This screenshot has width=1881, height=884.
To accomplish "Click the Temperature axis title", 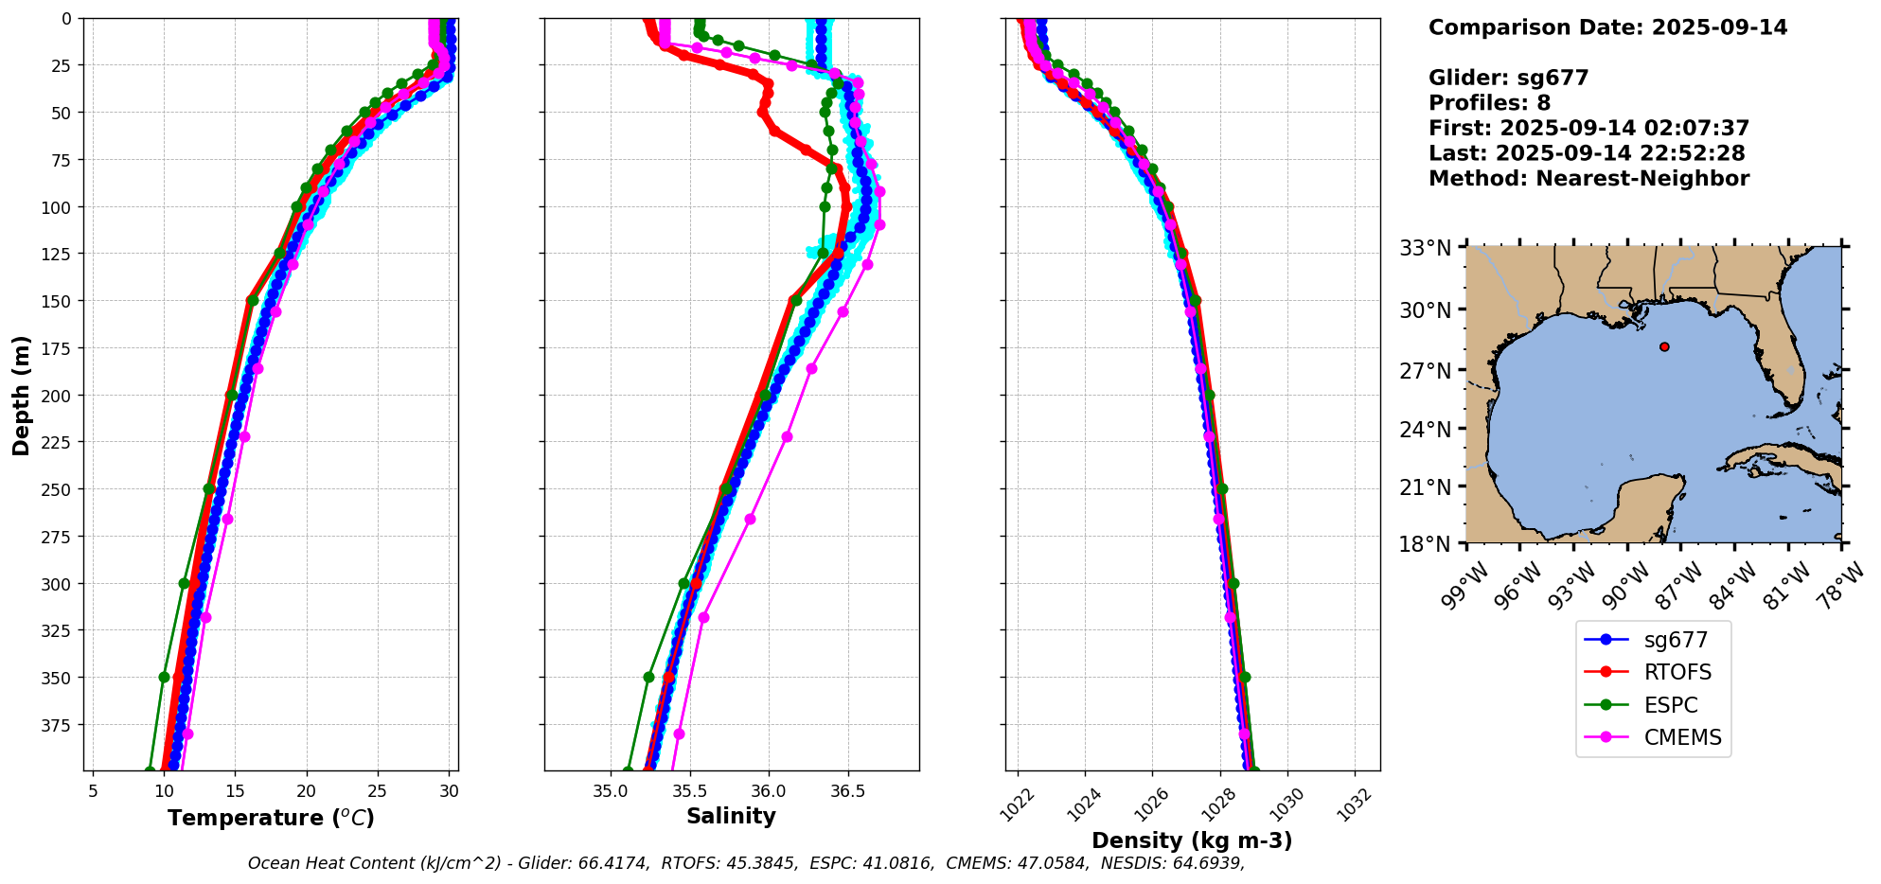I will (x=271, y=818).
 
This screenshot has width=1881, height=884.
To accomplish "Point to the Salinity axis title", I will (x=731, y=817).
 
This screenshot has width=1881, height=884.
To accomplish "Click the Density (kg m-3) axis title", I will (x=1192, y=840).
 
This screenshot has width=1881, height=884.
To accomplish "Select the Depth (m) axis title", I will (x=21, y=395).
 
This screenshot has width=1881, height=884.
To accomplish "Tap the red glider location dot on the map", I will (x=1664, y=346).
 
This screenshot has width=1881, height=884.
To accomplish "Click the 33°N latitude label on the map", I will (x=1426, y=248).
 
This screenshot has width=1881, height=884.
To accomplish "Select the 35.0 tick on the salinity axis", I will (x=611, y=790).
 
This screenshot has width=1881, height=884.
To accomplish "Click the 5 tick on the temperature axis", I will (x=93, y=790).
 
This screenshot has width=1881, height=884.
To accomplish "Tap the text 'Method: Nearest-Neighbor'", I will (x=1588, y=179).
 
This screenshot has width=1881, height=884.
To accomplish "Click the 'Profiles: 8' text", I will (x=1489, y=103).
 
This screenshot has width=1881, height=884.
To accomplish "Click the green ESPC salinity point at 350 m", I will (x=648, y=677).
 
